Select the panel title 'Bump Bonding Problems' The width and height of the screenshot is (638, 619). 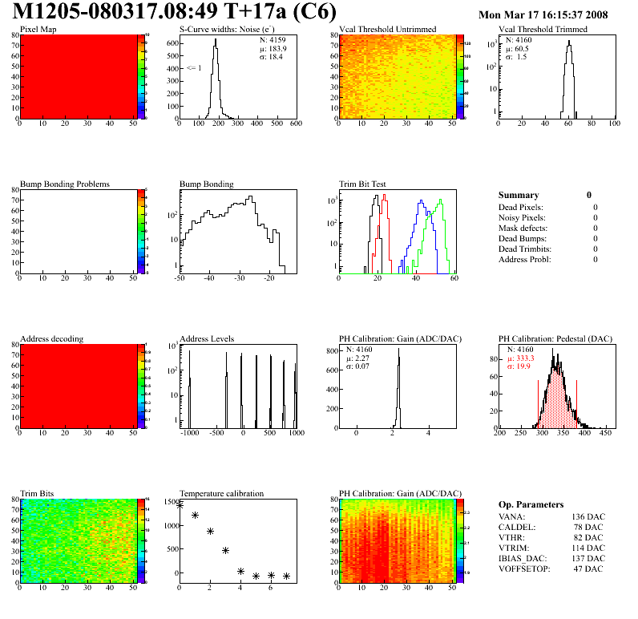click(64, 184)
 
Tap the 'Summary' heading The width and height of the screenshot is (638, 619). click(519, 195)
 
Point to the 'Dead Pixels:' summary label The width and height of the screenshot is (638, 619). click(521, 208)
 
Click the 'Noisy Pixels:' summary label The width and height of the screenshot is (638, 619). click(523, 218)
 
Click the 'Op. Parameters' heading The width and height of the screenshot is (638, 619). click(531, 505)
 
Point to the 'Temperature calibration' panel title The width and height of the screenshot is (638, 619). click(221, 494)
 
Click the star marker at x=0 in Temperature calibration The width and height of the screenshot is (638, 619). click(180, 505)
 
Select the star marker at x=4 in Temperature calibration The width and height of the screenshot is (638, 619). click(240, 571)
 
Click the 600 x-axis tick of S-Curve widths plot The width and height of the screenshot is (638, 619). click(296, 123)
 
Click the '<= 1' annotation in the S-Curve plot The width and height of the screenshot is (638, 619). click(193, 68)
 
